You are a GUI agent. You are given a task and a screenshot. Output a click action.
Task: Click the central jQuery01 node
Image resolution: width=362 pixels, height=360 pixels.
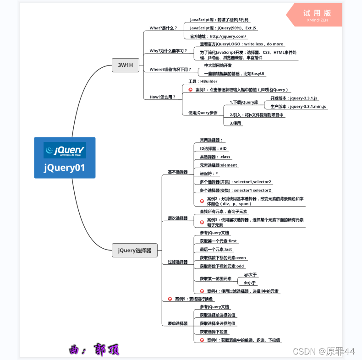coord(65,158)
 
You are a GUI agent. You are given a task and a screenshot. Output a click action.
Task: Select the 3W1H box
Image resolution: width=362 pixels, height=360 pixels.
coord(125,65)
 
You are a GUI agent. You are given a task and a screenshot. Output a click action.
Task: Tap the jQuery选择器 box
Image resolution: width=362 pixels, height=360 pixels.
coord(135,251)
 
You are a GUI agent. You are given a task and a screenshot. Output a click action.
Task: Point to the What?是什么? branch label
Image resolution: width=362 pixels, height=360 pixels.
coord(163,28)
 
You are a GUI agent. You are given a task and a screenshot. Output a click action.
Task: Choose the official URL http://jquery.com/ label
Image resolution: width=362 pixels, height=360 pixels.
coord(218,36)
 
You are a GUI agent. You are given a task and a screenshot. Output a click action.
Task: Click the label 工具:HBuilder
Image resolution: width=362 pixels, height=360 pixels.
coord(203,81)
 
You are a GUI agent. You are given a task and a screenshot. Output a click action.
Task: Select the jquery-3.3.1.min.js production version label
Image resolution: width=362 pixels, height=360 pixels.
coord(298,106)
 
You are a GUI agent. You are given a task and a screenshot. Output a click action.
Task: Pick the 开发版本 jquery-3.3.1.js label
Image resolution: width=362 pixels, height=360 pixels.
coord(294,98)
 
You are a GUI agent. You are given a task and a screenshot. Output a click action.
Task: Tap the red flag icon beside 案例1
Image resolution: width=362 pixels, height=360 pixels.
coord(190,90)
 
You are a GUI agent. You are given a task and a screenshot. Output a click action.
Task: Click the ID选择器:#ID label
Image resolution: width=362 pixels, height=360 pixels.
coord(213,148)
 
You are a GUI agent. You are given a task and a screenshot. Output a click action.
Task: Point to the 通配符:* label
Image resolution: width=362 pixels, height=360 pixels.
coord(209,174)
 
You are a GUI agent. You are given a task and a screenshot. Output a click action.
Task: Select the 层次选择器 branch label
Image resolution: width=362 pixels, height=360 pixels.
coord(177,218)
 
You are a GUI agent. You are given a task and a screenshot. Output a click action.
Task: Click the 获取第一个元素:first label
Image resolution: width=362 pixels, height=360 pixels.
coord(218,241)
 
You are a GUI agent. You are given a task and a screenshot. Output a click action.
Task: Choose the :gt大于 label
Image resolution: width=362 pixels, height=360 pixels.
coord(250,275)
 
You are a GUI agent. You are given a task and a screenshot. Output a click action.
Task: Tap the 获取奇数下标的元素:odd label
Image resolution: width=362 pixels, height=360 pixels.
coord(222,266)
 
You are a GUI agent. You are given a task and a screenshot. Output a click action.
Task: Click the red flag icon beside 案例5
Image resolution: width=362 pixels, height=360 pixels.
coord(170,299)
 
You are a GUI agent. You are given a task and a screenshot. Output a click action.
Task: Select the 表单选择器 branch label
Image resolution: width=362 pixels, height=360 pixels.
coord(177,323)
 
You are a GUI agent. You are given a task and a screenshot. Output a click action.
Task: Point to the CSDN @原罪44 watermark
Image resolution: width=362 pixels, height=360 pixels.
coord(324,351)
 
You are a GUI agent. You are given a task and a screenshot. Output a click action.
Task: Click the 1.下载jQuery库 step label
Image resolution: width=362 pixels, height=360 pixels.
coord(244,102)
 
